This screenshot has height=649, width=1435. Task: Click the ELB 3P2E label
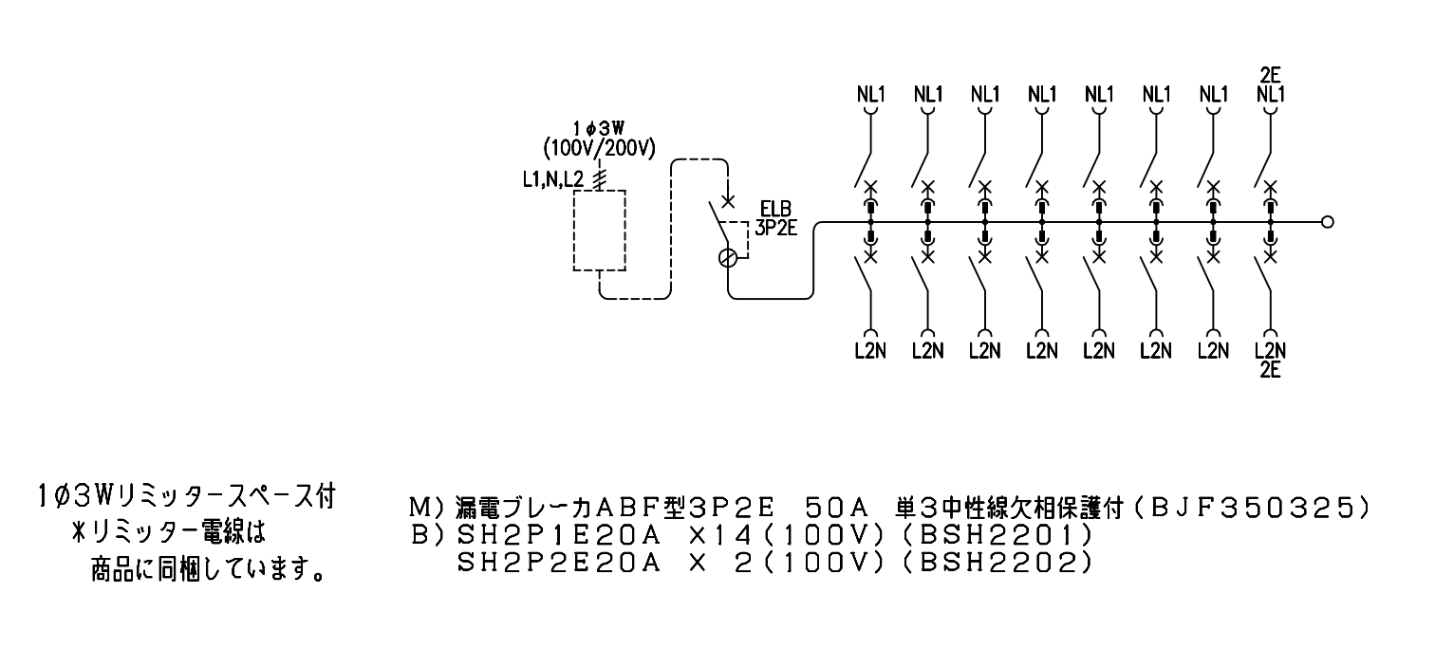tap(775, 218)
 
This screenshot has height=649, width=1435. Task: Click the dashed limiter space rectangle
tap(573, 231)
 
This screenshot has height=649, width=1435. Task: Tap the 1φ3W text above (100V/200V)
tap(599, 129)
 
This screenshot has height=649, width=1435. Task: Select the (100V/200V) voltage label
tap(599, 149)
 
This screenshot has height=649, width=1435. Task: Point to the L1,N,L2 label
tap(553, 180)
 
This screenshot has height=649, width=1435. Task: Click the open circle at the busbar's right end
tap(1328, 222)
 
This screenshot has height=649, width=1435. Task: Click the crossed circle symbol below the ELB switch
tap(728, 257)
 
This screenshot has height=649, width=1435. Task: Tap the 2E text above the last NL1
tap(1270, 75)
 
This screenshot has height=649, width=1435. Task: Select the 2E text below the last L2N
tap(1270, 370)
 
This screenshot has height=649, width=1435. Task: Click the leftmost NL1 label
tap(870, 95)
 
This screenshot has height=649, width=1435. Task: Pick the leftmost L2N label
tap(870, 351)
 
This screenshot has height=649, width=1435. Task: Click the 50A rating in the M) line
tap(836, 509)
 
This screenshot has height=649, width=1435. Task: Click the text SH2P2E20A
tap(559, 564)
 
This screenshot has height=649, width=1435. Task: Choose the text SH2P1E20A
tap(559, 535)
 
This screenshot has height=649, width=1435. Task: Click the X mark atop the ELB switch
tap(728, 201)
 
